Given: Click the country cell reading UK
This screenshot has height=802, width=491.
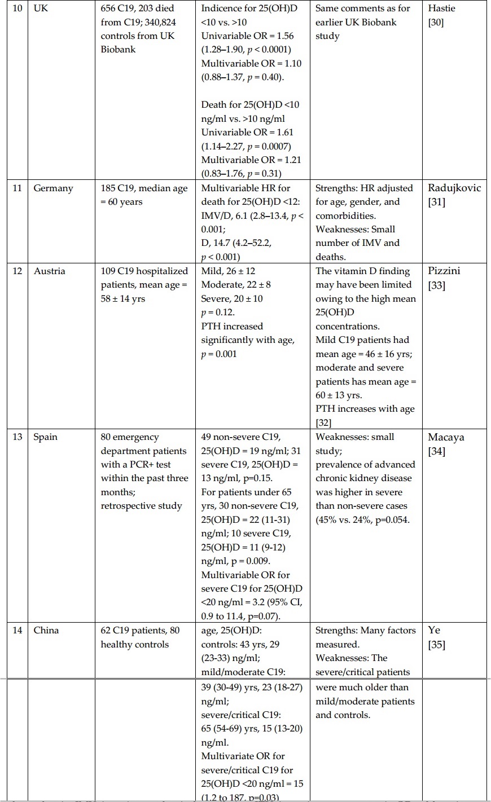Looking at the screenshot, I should (x=41, y=8).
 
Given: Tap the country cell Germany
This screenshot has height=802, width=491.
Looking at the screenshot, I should (x=53, y=188).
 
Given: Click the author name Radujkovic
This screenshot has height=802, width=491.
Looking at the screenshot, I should (x=454, y=188).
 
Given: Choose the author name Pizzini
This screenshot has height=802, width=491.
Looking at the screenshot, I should (x=444, y=271).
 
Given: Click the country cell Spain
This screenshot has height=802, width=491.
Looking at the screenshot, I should (x=46, y=437).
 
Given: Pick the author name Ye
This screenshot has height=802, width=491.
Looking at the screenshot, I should (x=434, y=631).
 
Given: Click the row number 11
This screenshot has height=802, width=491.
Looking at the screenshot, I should (x=17, y=188).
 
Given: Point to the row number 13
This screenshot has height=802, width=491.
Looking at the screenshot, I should (x=17, y=437).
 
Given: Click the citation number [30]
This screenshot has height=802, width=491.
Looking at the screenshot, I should (x=436, y=23).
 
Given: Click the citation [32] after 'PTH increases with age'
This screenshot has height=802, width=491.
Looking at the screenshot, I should (x=323, y=423).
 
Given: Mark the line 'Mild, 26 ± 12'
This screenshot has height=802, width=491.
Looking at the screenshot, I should (x=228, y=271).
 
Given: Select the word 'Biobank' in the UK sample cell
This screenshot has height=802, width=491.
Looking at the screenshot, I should (x=118, y=50).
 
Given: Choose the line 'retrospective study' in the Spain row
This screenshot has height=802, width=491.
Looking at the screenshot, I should (x=141, y=506).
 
